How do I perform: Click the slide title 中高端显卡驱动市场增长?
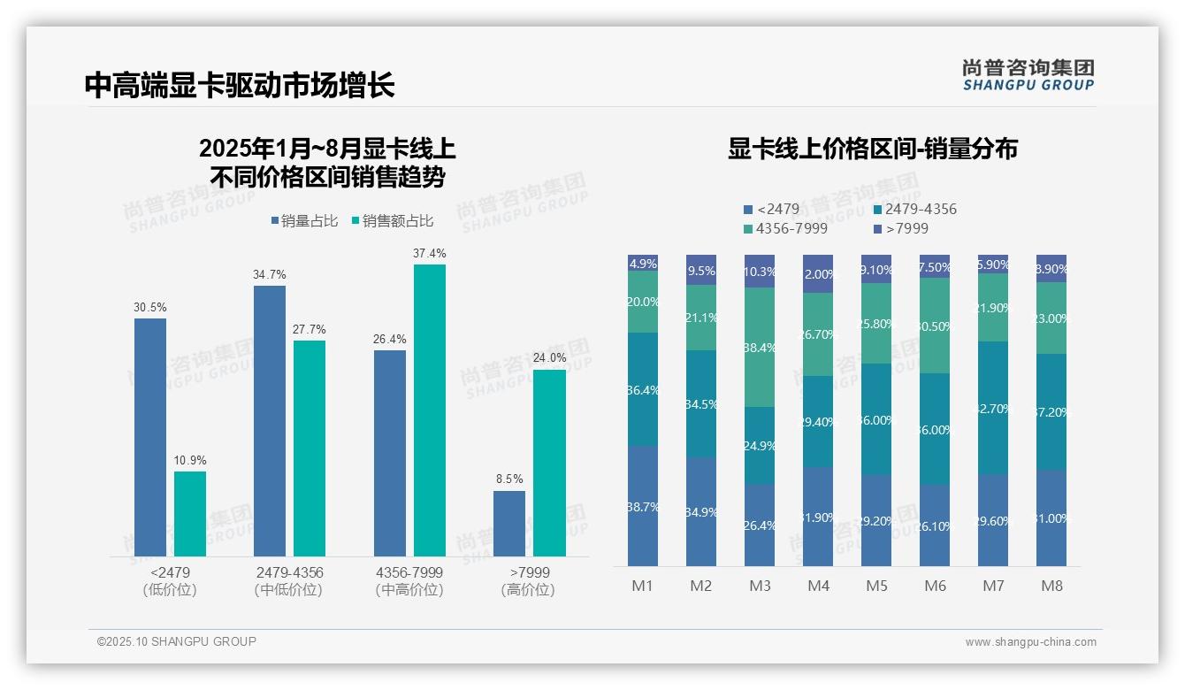(x=239, y=86)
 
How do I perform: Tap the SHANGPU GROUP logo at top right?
(x=1028, y=75)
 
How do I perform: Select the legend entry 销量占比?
(x=304, y=221)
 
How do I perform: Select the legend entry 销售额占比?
(x=392, y=221)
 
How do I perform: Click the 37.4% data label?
(x=429, y=254)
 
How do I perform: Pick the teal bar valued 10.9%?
(x=189, y=513)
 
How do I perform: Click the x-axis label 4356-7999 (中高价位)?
(x=409, y=581)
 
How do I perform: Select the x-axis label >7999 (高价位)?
(x=529, y=581)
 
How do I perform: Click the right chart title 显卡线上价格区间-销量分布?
(x=872, y=149)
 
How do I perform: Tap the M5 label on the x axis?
(x=876, y=586)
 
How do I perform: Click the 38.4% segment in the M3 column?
(x=760, y=347)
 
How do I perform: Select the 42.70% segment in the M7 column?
(x=993, y=408)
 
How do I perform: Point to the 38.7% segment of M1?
(x=643, y=506)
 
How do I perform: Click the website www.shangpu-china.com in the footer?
(x=1030, y=642)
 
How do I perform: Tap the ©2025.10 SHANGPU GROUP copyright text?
(x=177, y=641)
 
